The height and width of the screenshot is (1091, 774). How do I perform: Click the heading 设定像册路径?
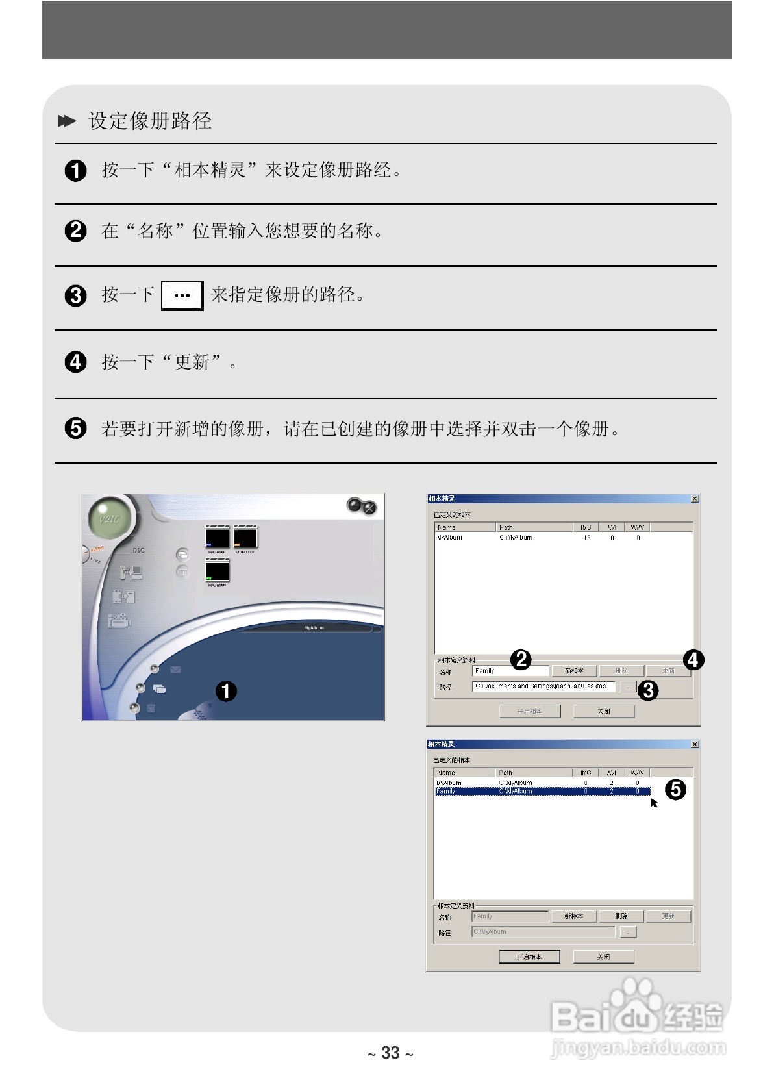(x=150, y=121)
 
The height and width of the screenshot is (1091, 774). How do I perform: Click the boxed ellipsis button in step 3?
(x=182, y=295)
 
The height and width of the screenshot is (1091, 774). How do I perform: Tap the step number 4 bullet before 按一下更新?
(x=76, y=362)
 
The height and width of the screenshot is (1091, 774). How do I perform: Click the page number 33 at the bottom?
(x=390, y=1053)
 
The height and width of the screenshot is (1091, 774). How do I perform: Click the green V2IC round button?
(x=109, y=519)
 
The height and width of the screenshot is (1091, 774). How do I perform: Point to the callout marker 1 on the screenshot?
(x=226, y=691)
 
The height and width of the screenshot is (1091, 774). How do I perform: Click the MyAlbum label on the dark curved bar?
(x=314, y=628)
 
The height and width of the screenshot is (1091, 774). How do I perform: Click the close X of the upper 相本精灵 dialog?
(x=695, y=499)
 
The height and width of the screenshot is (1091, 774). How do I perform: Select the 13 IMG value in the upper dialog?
(x=587, y=538)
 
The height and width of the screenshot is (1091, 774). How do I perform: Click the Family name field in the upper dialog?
(x=510, y=671)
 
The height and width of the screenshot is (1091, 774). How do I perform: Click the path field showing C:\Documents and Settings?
(x=543, y=686)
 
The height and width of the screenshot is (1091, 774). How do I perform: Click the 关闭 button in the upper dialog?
(x=603, y=711)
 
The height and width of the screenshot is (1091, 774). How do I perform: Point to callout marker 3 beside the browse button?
(x=647, y=690)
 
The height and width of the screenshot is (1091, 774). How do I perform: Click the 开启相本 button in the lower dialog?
(x=529, y=957)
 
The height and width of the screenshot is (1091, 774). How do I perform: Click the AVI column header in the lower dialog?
(x=611, y=773)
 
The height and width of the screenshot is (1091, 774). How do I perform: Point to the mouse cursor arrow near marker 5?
(x=654, y=803)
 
